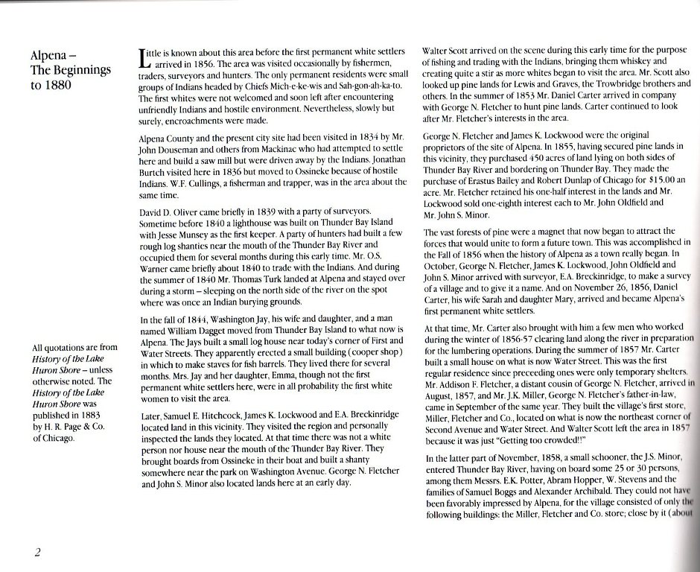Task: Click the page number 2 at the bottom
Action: click(36, 552)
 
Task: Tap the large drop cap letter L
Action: click(145, 59)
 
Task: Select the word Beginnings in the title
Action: click(80, 70)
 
